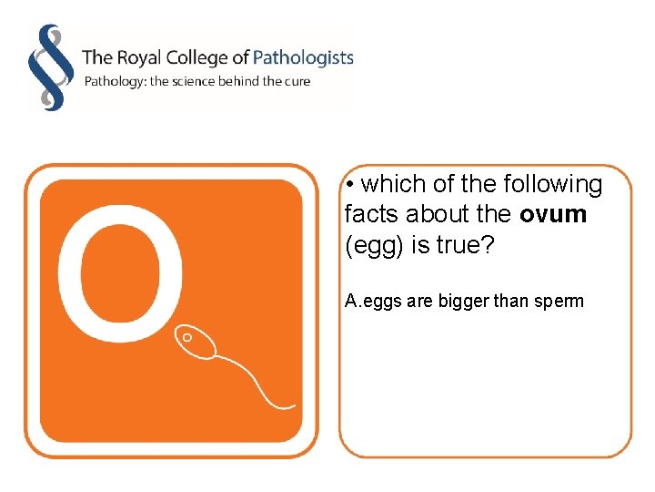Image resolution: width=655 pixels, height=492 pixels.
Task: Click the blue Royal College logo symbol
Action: (49, 67)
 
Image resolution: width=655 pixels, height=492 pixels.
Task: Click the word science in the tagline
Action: (203, 81)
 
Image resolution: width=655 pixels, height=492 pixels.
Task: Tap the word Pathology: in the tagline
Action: (115, 82)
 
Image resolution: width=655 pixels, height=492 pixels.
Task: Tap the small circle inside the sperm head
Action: (187, 337)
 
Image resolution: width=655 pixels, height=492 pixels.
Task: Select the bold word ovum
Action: (553, 214)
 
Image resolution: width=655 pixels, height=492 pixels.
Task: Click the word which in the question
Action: (393, 184)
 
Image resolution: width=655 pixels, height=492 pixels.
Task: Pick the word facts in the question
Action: (371, 214)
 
